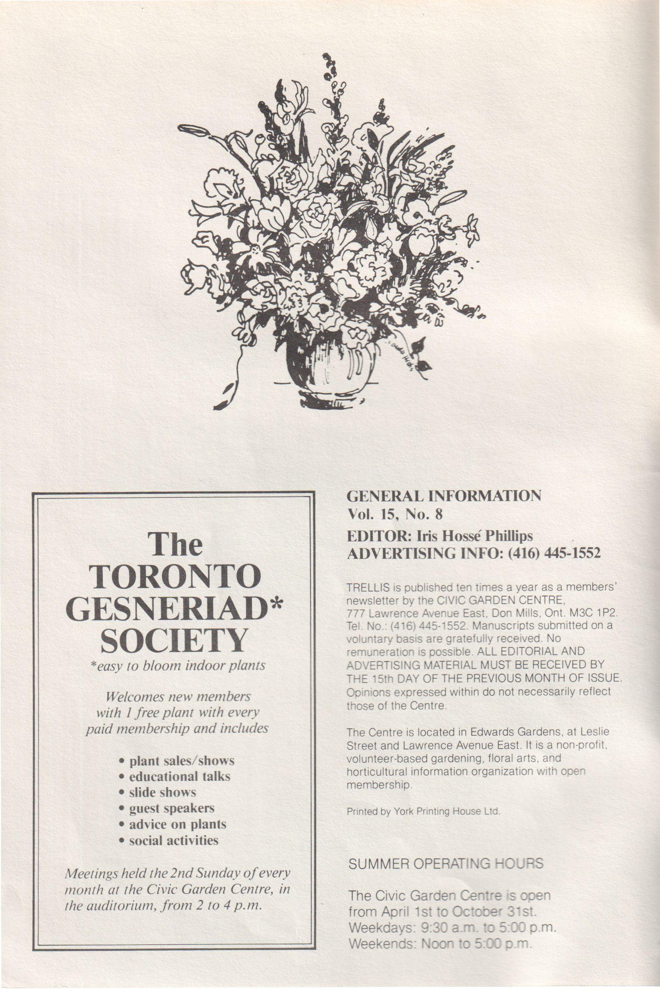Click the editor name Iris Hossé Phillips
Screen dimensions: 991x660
(474, 536)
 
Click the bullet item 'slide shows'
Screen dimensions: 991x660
(162, 792)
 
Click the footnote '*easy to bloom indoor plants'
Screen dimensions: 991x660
(177, 666)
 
